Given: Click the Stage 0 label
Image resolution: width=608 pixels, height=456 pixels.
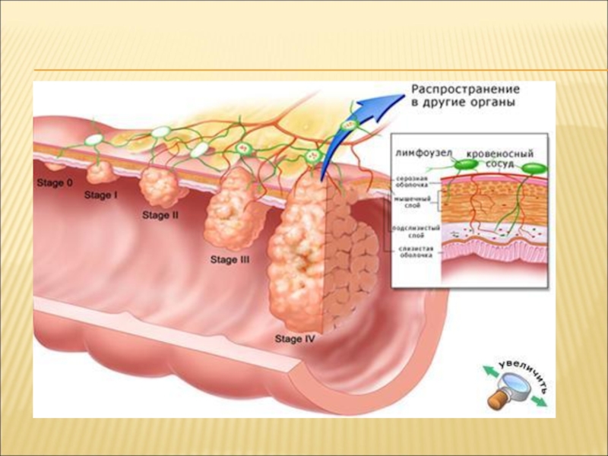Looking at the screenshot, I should click(x=55, y=183).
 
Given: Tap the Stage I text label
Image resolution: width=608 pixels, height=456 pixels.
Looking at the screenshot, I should click(x=101, y=195).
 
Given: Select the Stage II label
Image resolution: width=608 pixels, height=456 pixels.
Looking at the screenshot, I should click(x=160, y=215).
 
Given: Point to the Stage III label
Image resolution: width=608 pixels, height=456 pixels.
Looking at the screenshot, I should click(x=230, y=260).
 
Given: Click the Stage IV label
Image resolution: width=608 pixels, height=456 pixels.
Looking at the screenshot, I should click(x=295, y=340).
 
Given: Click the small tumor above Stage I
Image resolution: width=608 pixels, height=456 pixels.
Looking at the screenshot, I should click(x=100, y=173).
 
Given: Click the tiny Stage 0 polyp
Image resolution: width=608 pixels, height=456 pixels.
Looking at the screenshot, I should click(x=54, y=165).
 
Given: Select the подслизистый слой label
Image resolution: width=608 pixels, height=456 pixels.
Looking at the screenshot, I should click(x=413, y=230).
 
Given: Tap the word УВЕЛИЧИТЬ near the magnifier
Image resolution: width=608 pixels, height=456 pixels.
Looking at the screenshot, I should click(x=527, y=369).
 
